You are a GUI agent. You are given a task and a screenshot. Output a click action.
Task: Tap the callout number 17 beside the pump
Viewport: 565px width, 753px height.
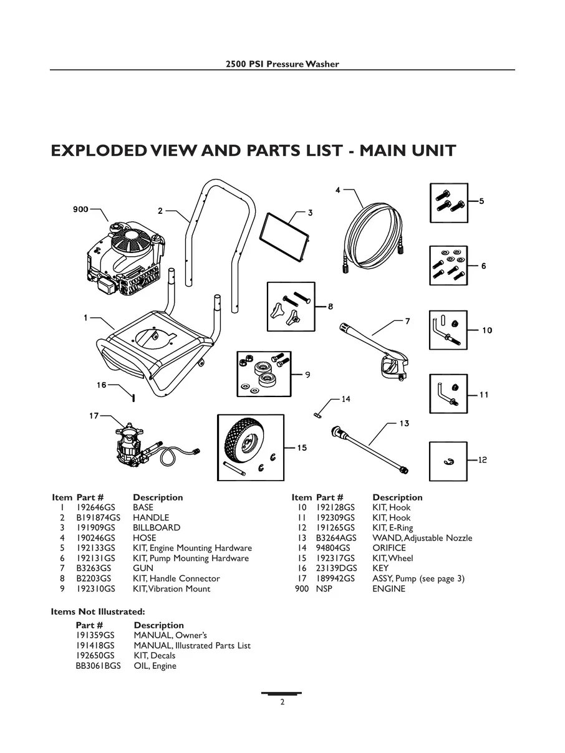(94, 416)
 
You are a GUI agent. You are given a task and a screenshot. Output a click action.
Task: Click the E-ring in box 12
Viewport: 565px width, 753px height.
(448, 461)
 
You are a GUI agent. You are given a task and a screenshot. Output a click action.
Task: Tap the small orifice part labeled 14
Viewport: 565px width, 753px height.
(317, 411)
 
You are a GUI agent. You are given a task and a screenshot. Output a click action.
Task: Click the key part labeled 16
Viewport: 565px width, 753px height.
(133, 396)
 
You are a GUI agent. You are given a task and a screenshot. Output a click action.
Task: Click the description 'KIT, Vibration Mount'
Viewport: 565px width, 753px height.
(171, 588)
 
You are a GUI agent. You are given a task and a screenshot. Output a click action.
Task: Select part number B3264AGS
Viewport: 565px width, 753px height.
(337, 538)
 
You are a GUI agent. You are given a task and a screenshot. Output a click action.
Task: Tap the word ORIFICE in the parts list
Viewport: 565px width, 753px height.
(389, 548)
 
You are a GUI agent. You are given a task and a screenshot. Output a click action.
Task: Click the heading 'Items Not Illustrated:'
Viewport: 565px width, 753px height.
(97, 612)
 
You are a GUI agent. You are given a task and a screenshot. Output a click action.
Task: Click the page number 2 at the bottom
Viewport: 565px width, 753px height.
(282, 703)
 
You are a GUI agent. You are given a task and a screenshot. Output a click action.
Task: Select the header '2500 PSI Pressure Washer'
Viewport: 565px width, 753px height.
(282, 64)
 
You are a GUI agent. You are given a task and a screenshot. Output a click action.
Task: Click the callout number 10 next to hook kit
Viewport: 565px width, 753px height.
(487, 330)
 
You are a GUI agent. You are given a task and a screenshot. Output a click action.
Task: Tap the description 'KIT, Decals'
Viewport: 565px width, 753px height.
(155, 656)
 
